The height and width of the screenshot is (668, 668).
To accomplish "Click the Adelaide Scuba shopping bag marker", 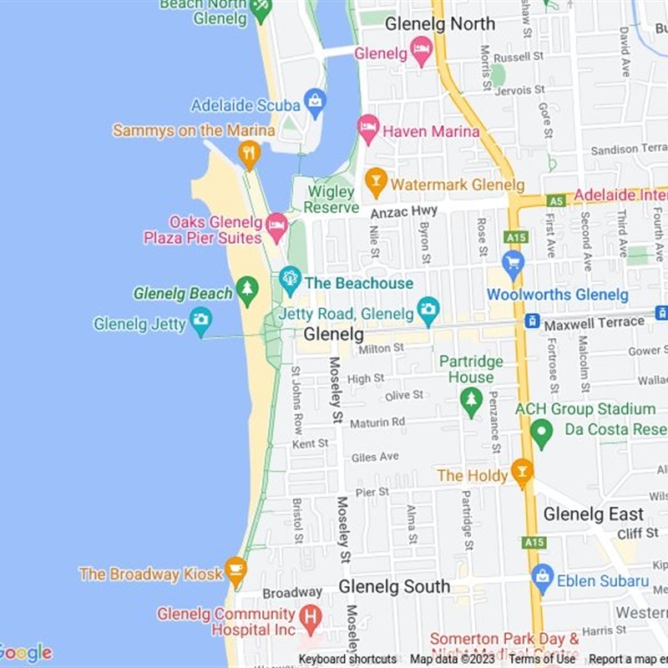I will pos(315,104).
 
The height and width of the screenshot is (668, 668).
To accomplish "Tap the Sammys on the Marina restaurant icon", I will pos(248,153).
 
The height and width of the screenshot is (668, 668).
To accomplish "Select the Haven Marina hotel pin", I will pos(368,129).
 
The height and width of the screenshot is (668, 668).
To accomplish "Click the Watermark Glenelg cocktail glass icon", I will pos(376,181).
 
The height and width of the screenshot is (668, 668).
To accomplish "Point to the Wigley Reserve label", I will pos(331,200).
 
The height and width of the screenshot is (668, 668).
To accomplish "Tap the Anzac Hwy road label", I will pos(404,213).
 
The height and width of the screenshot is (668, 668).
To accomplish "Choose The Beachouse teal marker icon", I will pos(290,280).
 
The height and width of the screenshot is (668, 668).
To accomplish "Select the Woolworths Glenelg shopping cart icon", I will pos(513,266).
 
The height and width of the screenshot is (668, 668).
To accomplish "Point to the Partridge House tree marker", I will pos(471,402).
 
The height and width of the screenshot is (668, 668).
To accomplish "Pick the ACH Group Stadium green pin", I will pos(542,433).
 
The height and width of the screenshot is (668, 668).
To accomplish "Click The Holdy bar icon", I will pos(522,473).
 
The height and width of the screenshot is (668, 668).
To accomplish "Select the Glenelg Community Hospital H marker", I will pos(310,619).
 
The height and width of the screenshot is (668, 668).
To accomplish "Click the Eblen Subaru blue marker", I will pos(543,578).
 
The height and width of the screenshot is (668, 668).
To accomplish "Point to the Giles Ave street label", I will pos(375,458).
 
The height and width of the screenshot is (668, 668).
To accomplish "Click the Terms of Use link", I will pos(542,660).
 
